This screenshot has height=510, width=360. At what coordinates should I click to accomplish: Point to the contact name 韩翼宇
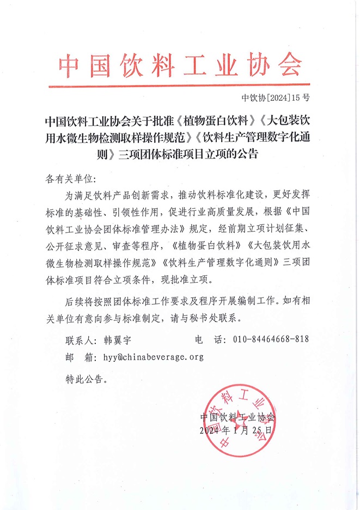point(118,339)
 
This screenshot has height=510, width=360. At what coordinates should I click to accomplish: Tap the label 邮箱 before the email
point(77,357)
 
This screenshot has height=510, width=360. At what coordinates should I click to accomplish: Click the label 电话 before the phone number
point(210,339)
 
